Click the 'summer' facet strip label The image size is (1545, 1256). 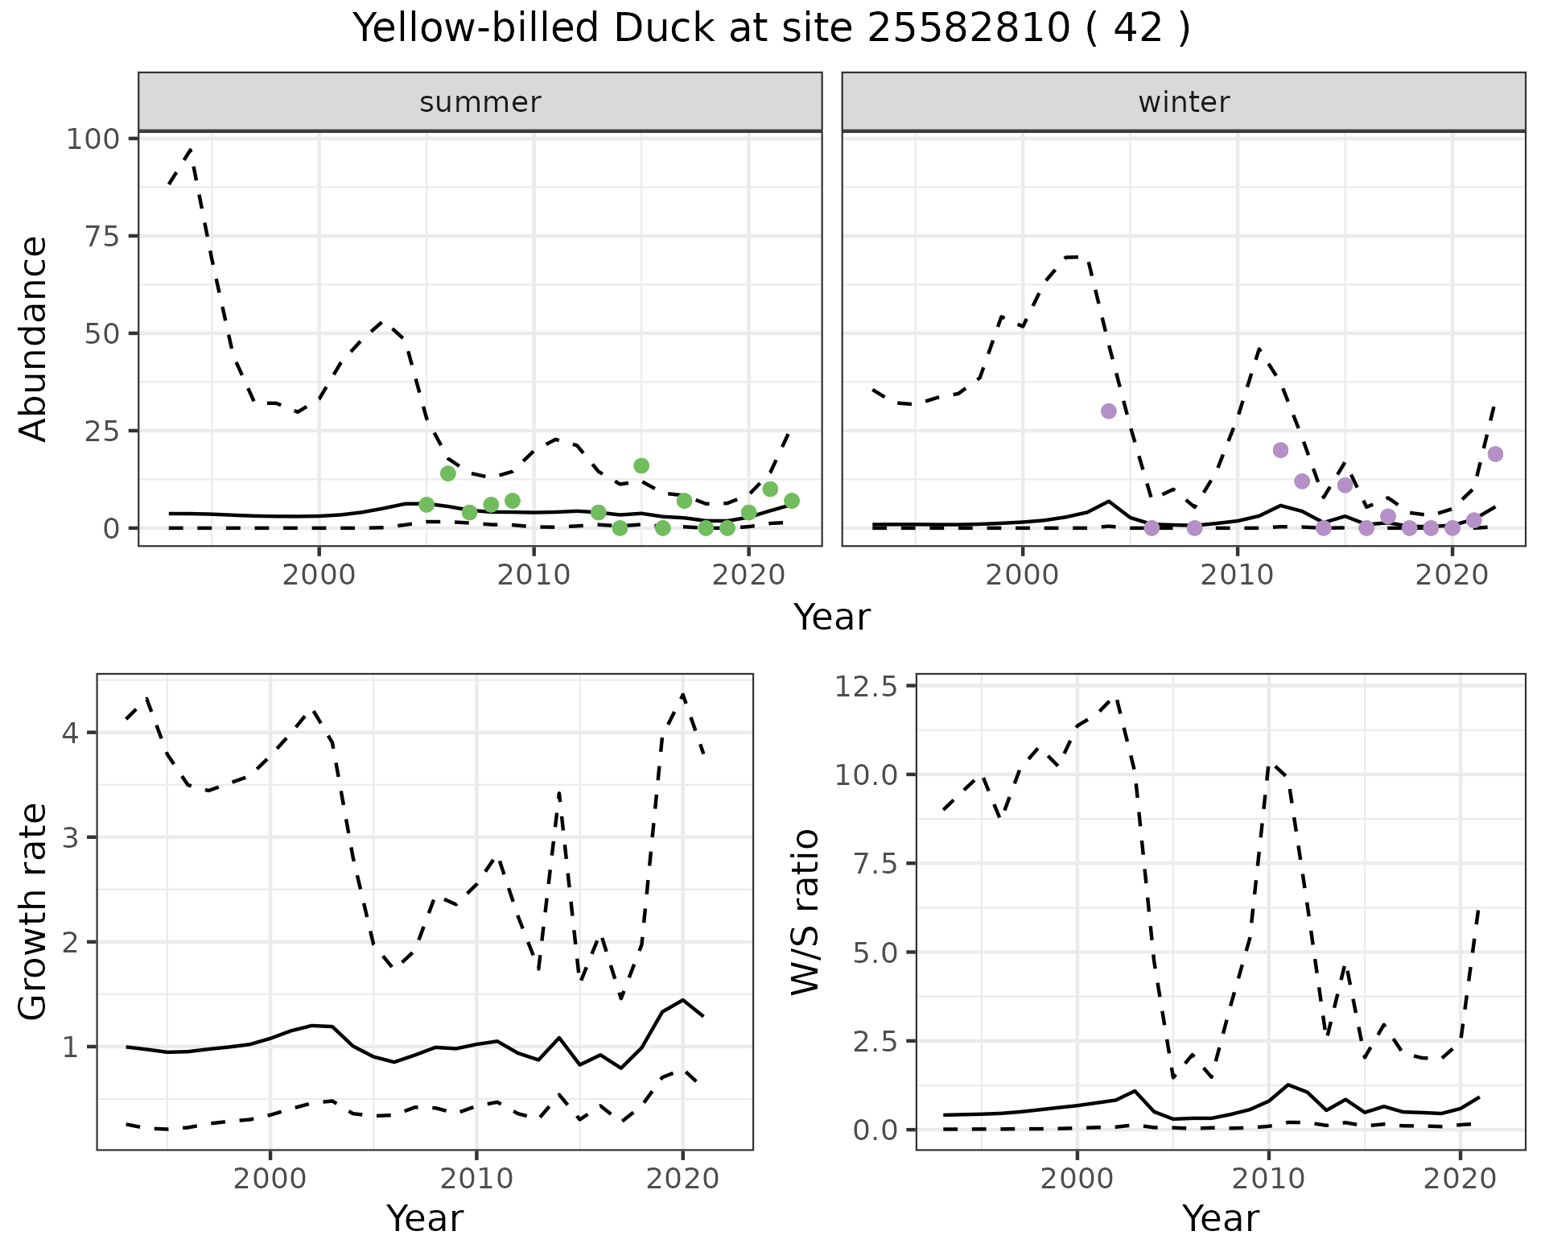point(480,102)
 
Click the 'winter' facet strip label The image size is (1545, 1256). point(1184,102)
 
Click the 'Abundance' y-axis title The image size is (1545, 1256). point(33,339)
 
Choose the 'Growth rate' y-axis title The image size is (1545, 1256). point(33,912)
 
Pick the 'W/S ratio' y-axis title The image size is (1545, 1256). point(805,912)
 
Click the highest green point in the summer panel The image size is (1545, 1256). point(641,466)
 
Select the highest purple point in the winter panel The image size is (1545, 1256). point(1109,411)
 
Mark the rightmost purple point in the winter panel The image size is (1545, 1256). point(1495,454)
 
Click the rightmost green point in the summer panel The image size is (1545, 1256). point(791,501)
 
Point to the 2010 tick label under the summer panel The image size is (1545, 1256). point(534,576)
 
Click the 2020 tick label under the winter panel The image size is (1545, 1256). point(1452,576)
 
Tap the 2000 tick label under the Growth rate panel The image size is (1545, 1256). point(270,1180)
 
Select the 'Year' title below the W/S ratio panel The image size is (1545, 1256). point(1220,1218)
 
